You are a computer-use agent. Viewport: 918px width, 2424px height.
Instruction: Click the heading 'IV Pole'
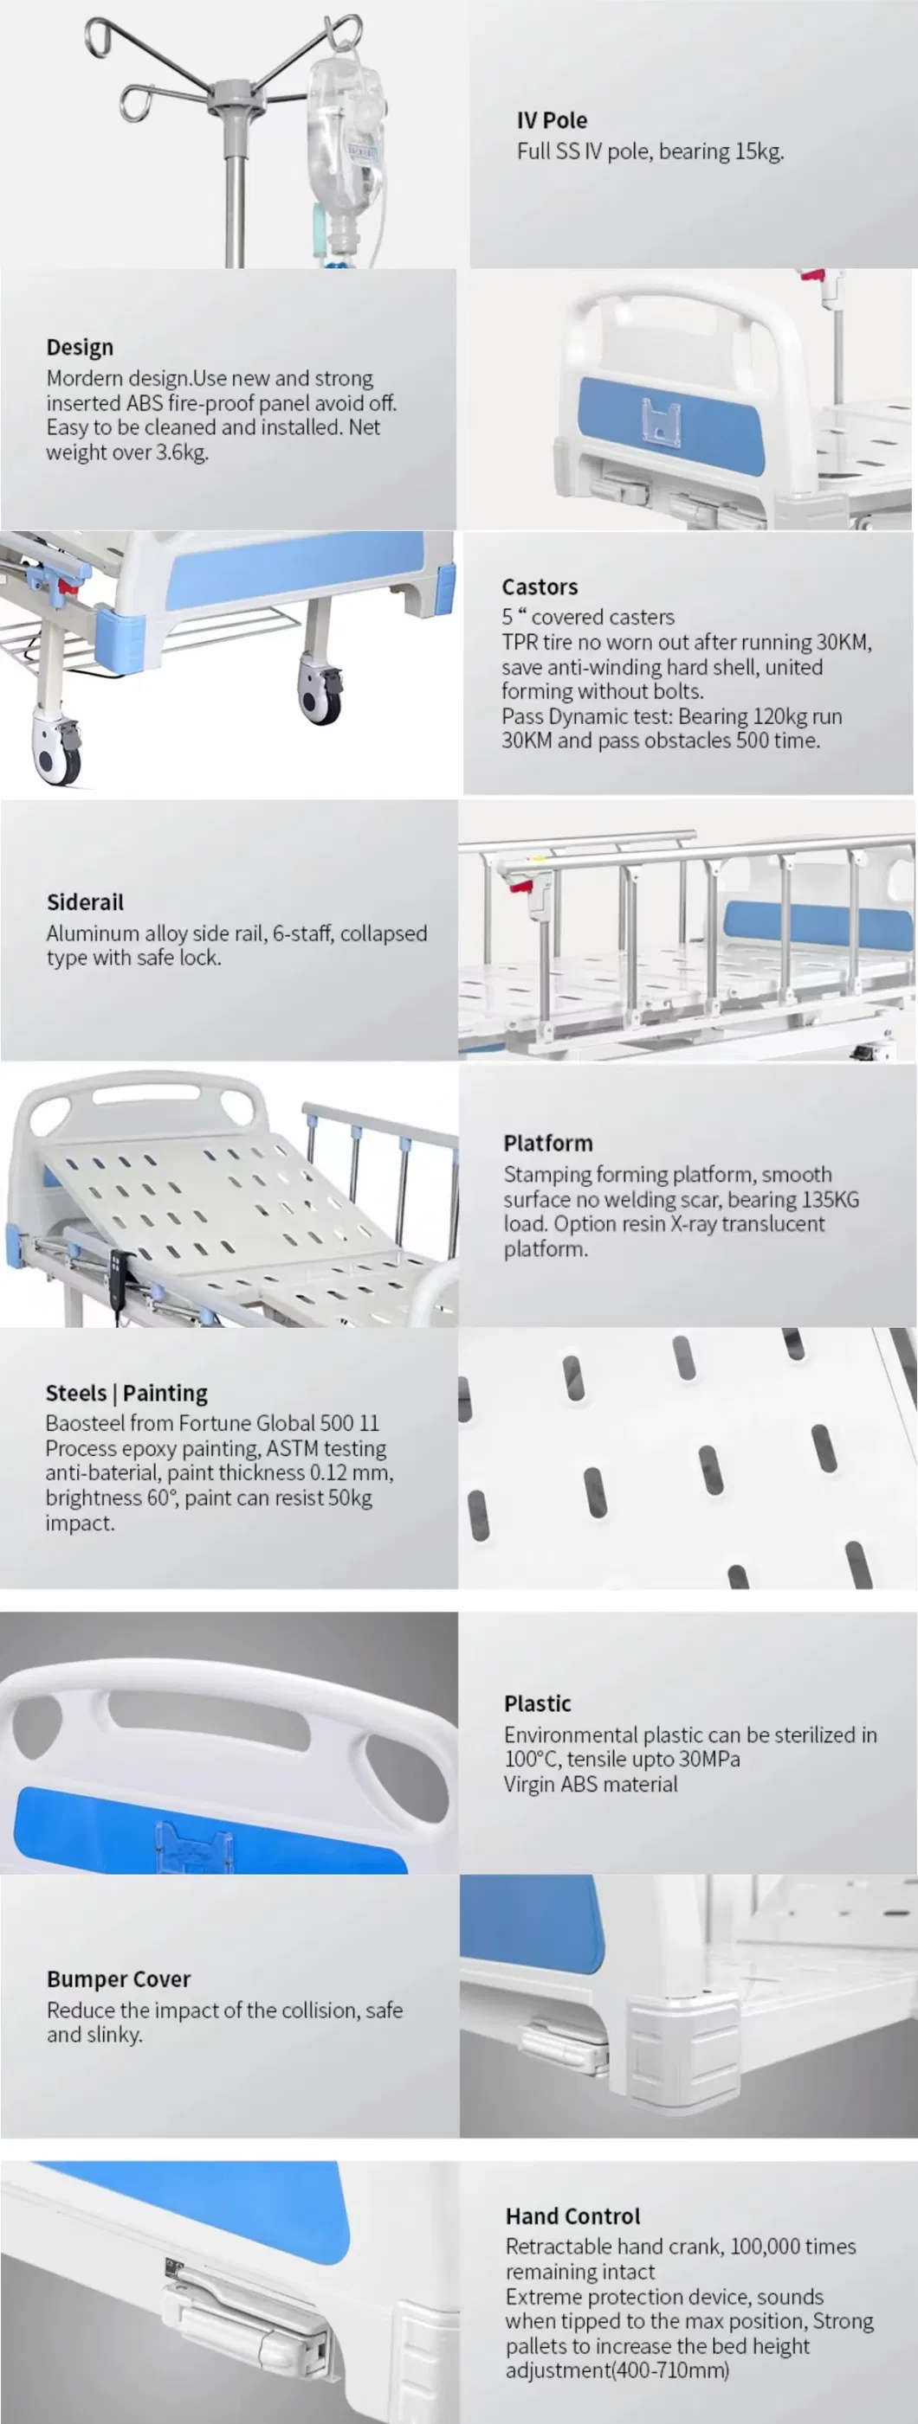click(x=551, y=120)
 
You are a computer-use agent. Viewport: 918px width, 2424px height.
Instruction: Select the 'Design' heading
click(x=80, y=347)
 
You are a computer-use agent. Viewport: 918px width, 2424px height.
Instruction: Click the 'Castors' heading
click(x=540, y=587)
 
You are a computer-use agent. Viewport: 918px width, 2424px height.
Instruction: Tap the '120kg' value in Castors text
click(x=780, y=716)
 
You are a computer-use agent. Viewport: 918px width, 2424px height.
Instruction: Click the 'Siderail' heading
click(x=85, y=902)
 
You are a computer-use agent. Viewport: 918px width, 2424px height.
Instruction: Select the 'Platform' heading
click(x=548, y=1144)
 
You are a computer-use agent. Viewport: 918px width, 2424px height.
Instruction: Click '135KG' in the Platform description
click(x=831, y=1199)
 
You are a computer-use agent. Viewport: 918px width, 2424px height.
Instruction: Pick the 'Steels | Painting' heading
click(x=126, y=1393)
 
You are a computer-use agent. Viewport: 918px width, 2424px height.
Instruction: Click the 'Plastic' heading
click(x=537, y=1703)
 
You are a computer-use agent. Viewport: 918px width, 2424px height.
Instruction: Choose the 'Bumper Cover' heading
click(x=119, y=1979)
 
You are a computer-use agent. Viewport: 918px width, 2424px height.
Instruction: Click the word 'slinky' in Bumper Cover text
click(x=112, y=2035)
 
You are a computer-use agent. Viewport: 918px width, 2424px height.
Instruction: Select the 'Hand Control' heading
click(x=572, y=2216)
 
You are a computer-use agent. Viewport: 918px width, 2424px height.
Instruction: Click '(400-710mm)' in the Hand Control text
click(x=672, y=2370)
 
